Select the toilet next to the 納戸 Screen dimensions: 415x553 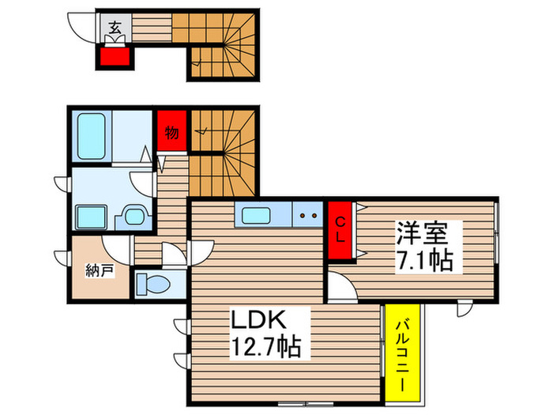152,282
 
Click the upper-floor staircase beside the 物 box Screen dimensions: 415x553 226,149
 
